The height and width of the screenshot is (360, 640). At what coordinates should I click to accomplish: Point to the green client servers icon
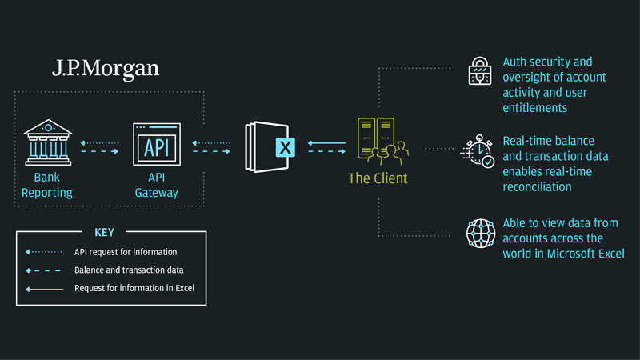pyautogui.click(x=379, y=138)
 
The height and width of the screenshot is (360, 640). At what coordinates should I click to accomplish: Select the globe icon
pyautogui.click(x=482, y=234)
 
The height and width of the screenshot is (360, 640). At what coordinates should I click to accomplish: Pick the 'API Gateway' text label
pyautogui.click(x=156, y=185)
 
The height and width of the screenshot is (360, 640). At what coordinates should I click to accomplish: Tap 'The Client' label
pyautogui.click(x=377, y=178)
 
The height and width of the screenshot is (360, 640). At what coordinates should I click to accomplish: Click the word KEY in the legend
pyautogui.click(x=104, y=233)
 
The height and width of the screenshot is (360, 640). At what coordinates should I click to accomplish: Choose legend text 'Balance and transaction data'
pyautogui.click(x=129, y=270)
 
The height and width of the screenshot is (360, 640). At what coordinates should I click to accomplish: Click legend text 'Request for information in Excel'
pyautogui.click(x=134, y=288)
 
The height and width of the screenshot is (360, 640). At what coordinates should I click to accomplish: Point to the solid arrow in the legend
pyautogui.click(x=43, y=288)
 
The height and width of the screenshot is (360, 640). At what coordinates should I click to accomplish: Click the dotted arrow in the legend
pyautogui.click(x=43, y=252)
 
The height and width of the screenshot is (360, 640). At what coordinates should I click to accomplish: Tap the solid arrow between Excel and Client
pyautogui.click(x=328, y=143)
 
